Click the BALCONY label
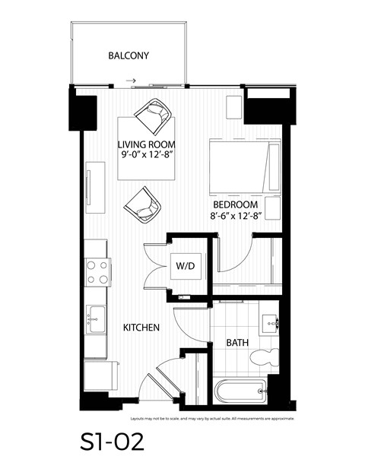click(129, 55)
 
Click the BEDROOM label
click(235, 204)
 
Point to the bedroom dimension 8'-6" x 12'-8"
click(235, 216)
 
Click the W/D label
click(185, 266)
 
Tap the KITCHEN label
click(141, 328)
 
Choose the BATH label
click(236, 343)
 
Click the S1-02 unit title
click(109, 441)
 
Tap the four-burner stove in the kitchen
click(97, 272)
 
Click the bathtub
click(240, 391)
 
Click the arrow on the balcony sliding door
click(132, 80)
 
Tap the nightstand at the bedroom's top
click(234, 106)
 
